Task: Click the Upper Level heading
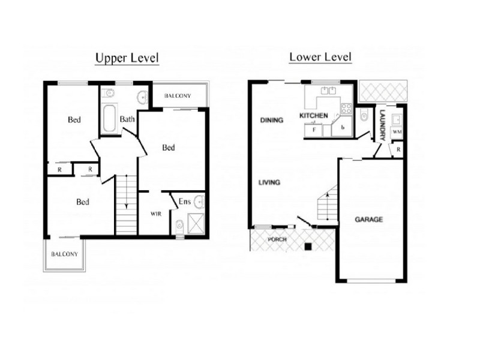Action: pos(127,58)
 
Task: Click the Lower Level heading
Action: pos(320,58)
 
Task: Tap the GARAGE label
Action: pos(368,220)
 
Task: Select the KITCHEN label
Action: pos(314,115)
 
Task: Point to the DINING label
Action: pos(271,121)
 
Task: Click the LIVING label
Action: pos(269,182)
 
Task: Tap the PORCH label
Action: pos(278,239)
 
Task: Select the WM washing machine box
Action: pos(397,131)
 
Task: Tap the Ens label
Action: pos(185,202)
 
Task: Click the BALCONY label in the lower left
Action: pos(65,254)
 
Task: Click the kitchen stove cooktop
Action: pos(346,109)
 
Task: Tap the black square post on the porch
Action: pos(308,246)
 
